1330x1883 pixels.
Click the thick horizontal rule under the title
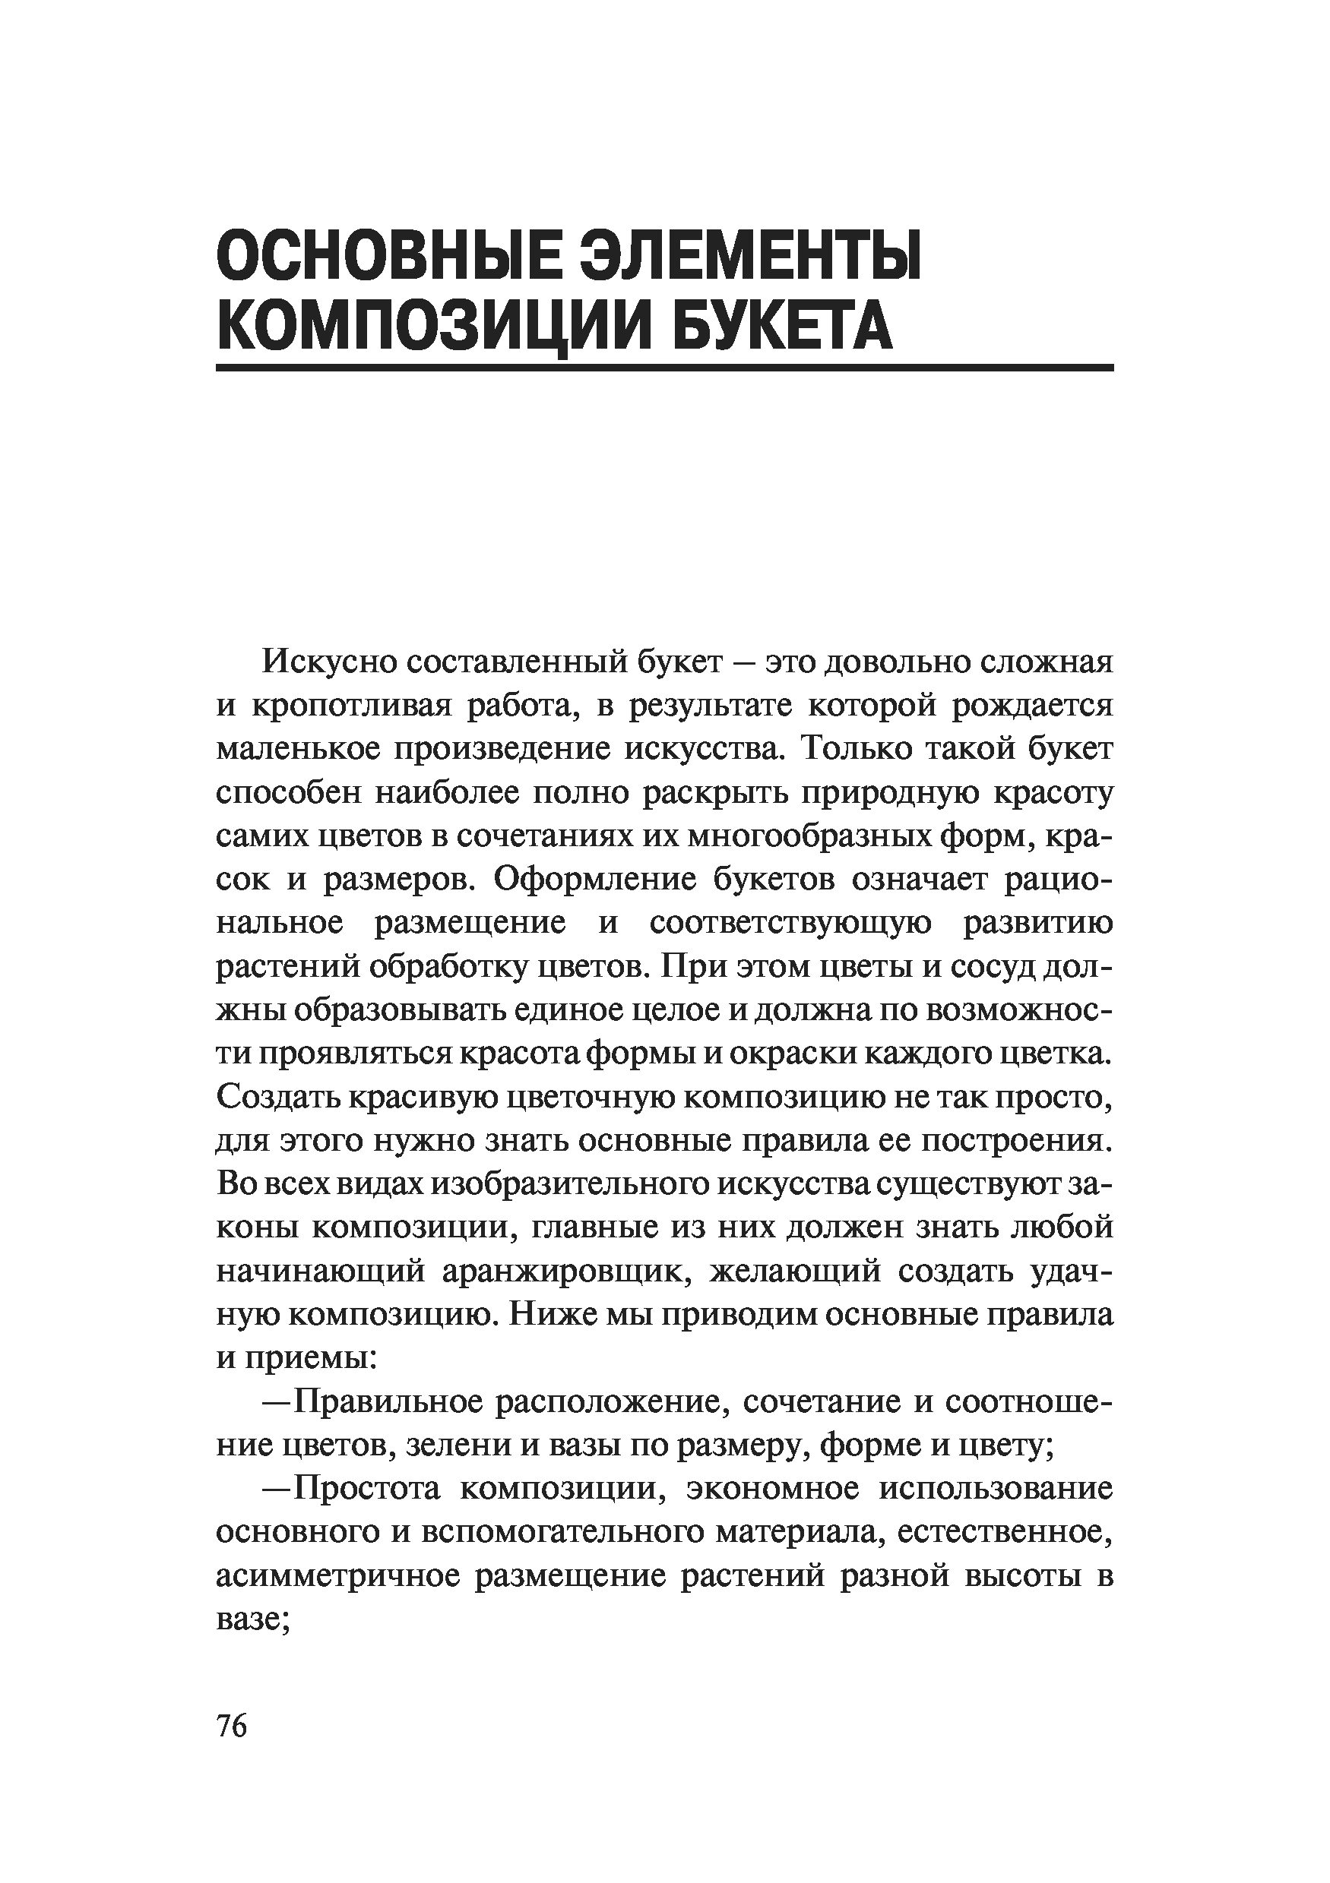664,368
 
